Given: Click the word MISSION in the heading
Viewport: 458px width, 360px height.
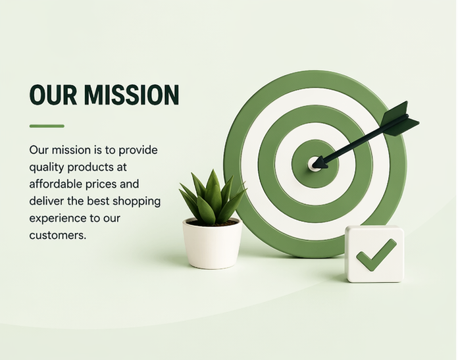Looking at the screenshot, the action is click(x=132, y=95).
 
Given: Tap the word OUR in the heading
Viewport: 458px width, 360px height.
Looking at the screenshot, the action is click(x=53, y=95).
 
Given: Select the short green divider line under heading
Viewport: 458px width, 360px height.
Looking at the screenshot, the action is click(x=47, y=126).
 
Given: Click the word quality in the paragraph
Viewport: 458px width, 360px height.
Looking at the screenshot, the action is click(x=47, y=168).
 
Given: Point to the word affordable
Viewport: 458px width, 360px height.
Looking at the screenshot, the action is click(x=55, y=184).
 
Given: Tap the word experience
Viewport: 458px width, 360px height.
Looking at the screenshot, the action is click(x=55, y=219).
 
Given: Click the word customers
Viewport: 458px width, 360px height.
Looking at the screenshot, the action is click(x=58, y=235).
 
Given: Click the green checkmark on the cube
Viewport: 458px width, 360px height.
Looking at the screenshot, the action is click(x=376, y=255).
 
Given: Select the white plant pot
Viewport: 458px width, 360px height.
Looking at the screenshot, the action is click(x=213, y=244).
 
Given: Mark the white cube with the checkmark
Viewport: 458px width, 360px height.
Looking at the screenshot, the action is click(x=374, y=254).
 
